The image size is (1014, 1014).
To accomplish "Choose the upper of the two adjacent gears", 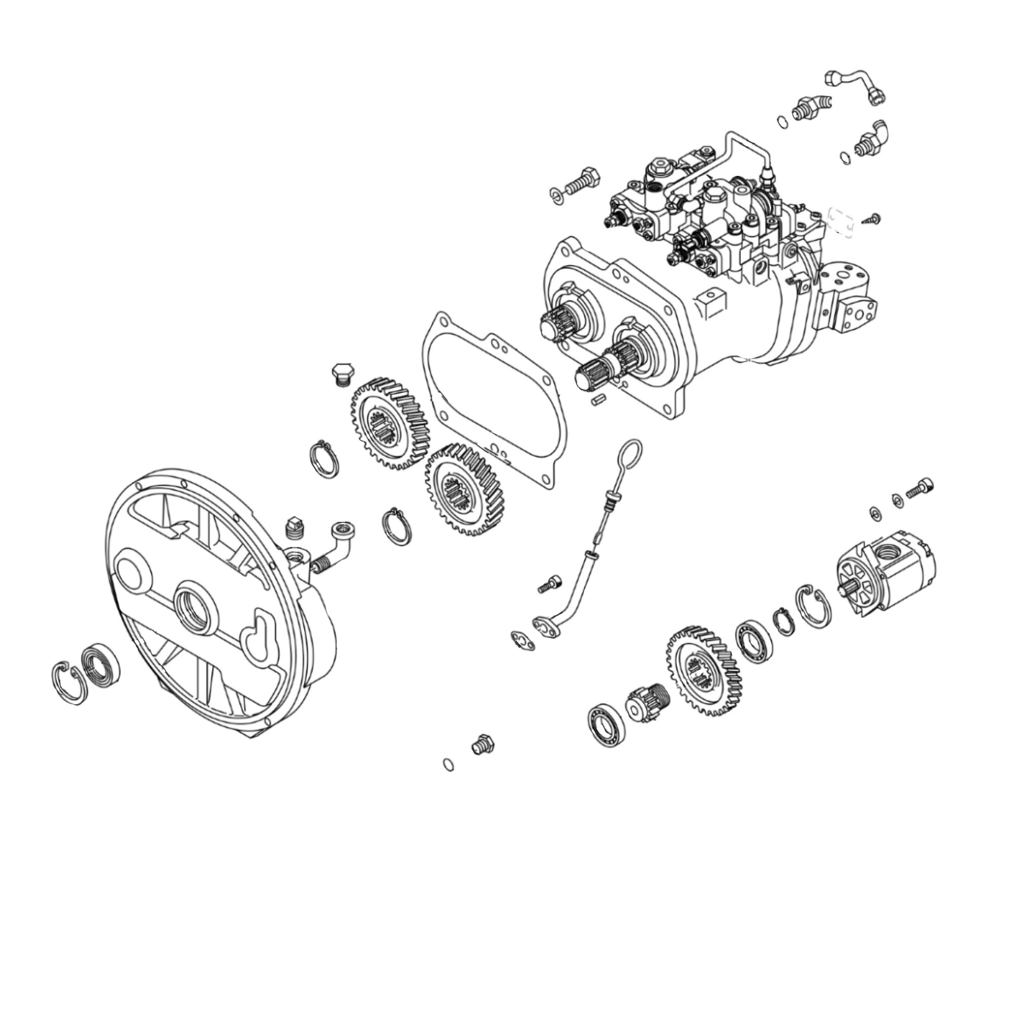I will (x=390, y=423).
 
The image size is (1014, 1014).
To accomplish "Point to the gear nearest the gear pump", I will (x=703, y=672).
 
